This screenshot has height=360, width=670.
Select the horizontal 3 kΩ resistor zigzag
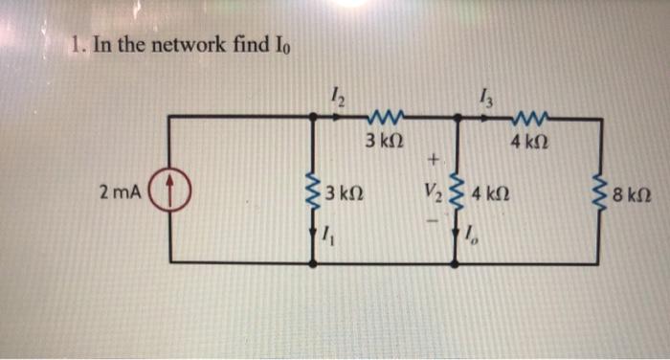click(x=386, y=118)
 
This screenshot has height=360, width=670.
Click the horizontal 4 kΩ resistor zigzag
click(x=528, y=118)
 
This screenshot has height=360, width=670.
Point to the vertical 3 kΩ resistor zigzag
click(x=312, y=191)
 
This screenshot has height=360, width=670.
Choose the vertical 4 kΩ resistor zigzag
click(x=456, y=191)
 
